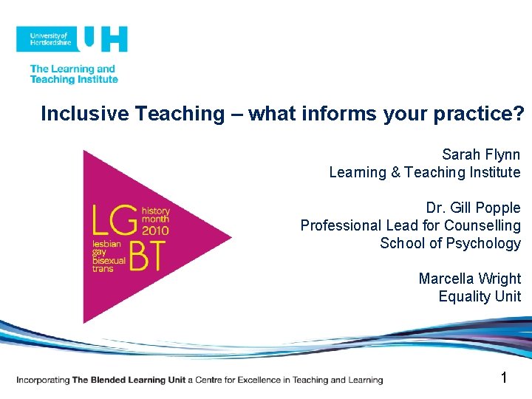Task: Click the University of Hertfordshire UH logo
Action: point(72,38)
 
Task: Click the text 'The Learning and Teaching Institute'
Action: point(73,75)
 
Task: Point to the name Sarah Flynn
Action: point(481,154)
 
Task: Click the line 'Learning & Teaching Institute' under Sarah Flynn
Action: point(425,172)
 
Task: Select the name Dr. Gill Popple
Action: point(473,208)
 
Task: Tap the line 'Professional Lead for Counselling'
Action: point(410,225)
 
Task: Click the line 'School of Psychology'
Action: point(450,243)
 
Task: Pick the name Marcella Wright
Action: point(469,279)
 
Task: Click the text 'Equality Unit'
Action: point(480,296)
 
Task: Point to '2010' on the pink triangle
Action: point(155,230)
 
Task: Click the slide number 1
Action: point(504,378)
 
